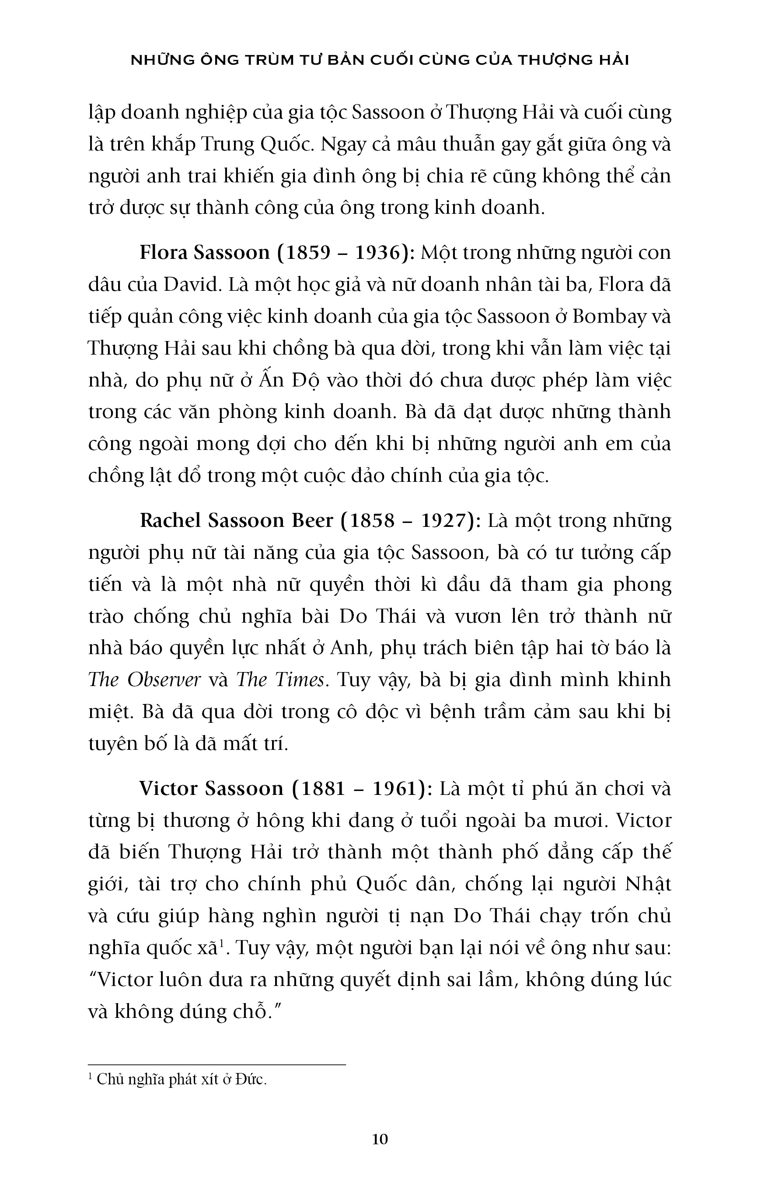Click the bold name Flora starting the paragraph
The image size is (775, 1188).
(163, 253)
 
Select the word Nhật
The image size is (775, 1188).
(648, 885)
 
